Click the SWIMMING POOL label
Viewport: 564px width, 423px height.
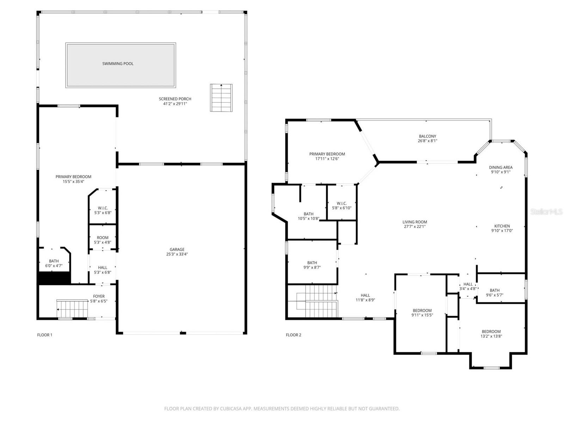click(118, 64)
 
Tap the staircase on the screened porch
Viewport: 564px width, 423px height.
click(221, 98)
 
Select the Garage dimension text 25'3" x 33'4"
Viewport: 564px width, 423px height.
click(177, 254)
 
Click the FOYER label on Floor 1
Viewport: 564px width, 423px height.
click(99, 296)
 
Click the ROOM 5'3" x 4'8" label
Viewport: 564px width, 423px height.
click(103, 238)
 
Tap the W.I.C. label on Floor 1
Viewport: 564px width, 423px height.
click(103, 208)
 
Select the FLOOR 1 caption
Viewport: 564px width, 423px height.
click(45, 335)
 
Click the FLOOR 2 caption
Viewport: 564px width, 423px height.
click(294, 335)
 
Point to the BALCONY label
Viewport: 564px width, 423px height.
click(427, 136)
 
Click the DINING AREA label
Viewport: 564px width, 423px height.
click(501, 167)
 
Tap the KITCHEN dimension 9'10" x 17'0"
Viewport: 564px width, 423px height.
click(502, 231)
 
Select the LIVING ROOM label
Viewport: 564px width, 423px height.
click(415, 222)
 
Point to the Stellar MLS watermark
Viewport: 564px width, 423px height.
click(546, 211)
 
